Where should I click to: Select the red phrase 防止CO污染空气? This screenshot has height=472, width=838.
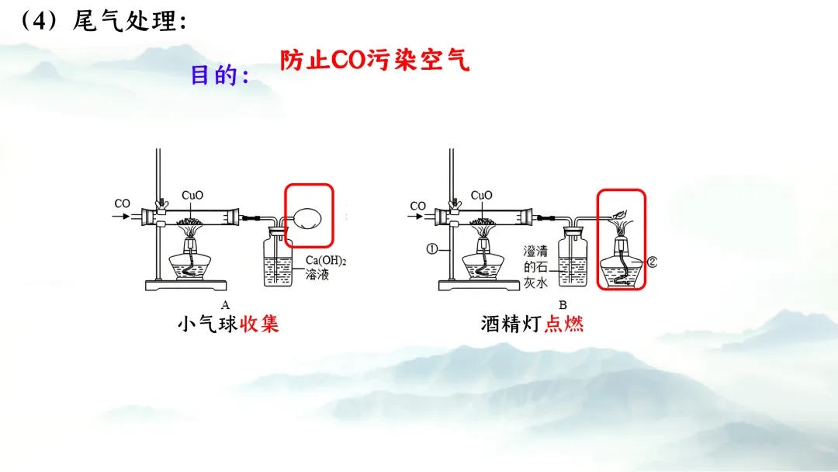point(375,60)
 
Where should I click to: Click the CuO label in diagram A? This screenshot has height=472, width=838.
point(192,195)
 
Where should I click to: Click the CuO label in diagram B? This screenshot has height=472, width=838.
point(481,195)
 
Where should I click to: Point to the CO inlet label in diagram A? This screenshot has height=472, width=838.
point(123,204)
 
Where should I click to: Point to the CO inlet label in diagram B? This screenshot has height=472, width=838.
point(417,206)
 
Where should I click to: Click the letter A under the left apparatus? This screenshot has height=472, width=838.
point(225,304)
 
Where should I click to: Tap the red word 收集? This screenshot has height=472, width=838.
point(259,324)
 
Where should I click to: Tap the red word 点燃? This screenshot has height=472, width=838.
point(564,324)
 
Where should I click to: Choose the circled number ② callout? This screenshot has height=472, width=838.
point(652,262)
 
